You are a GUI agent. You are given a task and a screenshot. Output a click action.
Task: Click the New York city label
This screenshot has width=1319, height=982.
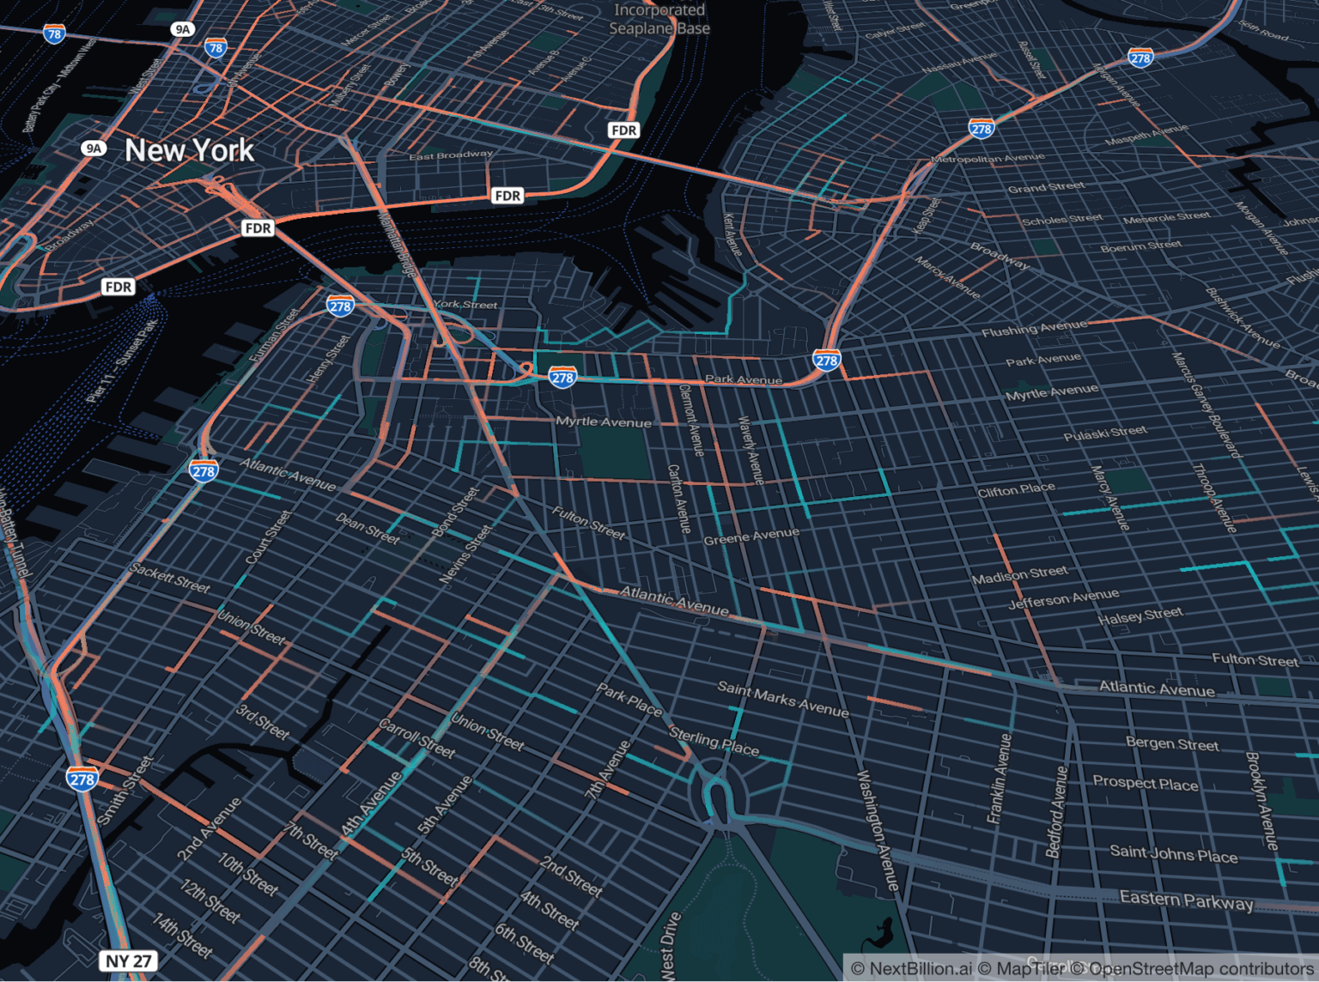tap(189, 150)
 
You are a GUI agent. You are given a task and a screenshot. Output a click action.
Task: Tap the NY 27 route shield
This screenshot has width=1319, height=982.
tap(129, 961)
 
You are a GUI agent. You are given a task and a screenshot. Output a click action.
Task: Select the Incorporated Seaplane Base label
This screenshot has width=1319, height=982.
tap(659, 19)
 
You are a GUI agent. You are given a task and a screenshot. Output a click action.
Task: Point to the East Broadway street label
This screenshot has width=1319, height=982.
tap(451, 155)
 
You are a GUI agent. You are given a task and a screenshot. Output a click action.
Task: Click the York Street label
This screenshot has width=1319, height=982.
tap(465, 305)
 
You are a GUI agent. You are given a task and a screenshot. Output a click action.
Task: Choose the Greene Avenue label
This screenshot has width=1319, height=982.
tap(751, 536)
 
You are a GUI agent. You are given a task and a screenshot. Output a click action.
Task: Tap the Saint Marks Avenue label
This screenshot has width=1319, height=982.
tap(782, 699)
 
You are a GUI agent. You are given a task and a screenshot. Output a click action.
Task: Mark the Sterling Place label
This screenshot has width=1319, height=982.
tap(714, 743)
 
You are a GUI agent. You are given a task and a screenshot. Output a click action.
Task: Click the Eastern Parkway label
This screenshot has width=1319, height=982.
tap(1186, 900)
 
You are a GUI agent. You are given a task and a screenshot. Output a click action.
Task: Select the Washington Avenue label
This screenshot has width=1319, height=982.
tap(878, 830)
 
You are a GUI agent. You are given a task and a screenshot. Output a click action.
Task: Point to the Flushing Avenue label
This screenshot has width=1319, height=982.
tap(1034, 328)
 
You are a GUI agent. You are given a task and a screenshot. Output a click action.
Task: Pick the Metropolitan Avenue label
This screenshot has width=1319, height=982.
tap(988, 159)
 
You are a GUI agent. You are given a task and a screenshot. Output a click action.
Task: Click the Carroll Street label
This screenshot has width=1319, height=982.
tap(416, 738)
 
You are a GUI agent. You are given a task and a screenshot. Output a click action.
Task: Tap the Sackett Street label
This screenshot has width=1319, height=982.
tap(169, 578)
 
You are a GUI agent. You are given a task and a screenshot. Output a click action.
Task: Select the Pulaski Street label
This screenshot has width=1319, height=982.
tap(1104, 433)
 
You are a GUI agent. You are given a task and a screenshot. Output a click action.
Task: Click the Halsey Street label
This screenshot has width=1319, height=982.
tap(1140, 615)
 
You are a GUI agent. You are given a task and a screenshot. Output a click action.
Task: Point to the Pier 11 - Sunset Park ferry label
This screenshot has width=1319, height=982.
tap(122, 361)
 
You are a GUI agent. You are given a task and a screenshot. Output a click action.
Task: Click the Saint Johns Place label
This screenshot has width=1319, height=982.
tap(1173, 854)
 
